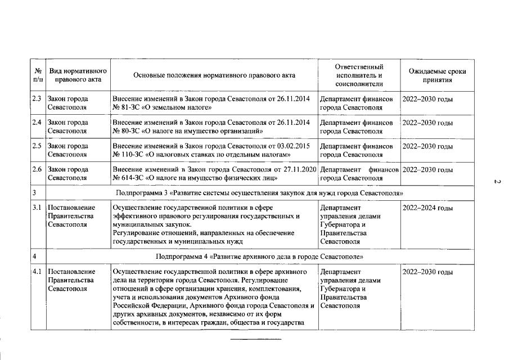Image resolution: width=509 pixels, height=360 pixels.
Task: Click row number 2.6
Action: pos(37,169)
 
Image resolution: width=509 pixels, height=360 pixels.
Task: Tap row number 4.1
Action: pos(37,272)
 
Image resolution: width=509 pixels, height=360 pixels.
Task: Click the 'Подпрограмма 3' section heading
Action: pos(259,192)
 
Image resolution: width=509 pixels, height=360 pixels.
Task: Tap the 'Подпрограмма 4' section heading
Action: pos(259,256)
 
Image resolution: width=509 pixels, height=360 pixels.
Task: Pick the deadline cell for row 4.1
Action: pos(428,272)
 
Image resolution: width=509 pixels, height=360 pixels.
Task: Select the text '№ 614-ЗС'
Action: pos(127,178)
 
